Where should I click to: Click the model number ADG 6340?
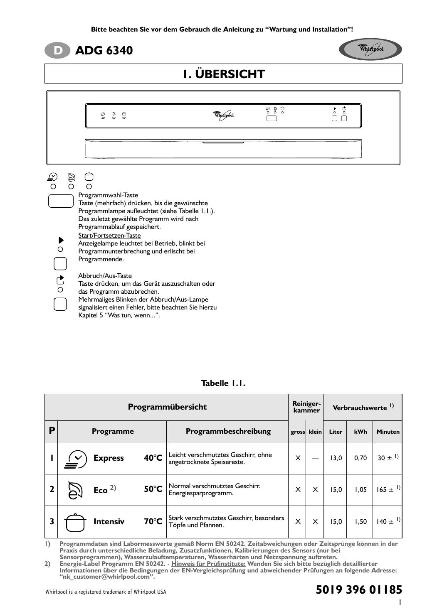[104, 51]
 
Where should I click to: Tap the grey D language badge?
[57, 51]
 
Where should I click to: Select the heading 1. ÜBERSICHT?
[223, 74]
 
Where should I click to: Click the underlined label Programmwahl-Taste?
[108, 195]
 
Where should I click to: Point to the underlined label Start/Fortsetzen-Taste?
[109, 236]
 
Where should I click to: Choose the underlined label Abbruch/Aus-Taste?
[105, 276]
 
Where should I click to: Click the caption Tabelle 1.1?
[223, 383]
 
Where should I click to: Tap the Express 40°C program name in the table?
[127, 458]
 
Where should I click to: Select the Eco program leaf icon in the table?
[74, 490]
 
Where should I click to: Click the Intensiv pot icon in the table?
[75, 522]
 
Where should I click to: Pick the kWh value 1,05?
[361, 490]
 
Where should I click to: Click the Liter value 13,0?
[336, 458]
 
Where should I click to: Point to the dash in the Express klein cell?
[315, 458]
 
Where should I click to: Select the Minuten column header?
[388, 432]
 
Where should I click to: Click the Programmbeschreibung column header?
[228, 431]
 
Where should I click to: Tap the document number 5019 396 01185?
[359, 590]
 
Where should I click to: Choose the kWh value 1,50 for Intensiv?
[361, 522]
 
